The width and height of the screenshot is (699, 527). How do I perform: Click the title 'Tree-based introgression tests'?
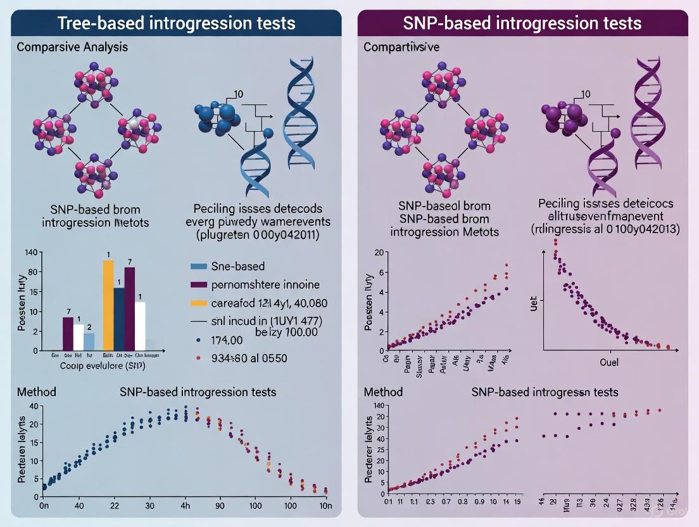(x=176, y=23)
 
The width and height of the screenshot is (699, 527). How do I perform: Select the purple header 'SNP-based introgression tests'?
(x=522, y=23)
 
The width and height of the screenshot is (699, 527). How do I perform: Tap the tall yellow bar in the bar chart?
(x=108, y=305)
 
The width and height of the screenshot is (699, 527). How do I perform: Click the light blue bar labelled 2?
(x=89, y=341)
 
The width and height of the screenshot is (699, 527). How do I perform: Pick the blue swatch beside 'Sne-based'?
(x=199, y=267)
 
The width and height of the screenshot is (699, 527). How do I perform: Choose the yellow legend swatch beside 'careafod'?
(x=199, y=303)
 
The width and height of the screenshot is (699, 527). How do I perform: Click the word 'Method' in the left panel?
(x=36, y=392)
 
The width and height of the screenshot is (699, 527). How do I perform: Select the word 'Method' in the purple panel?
(x=383, y=392)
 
